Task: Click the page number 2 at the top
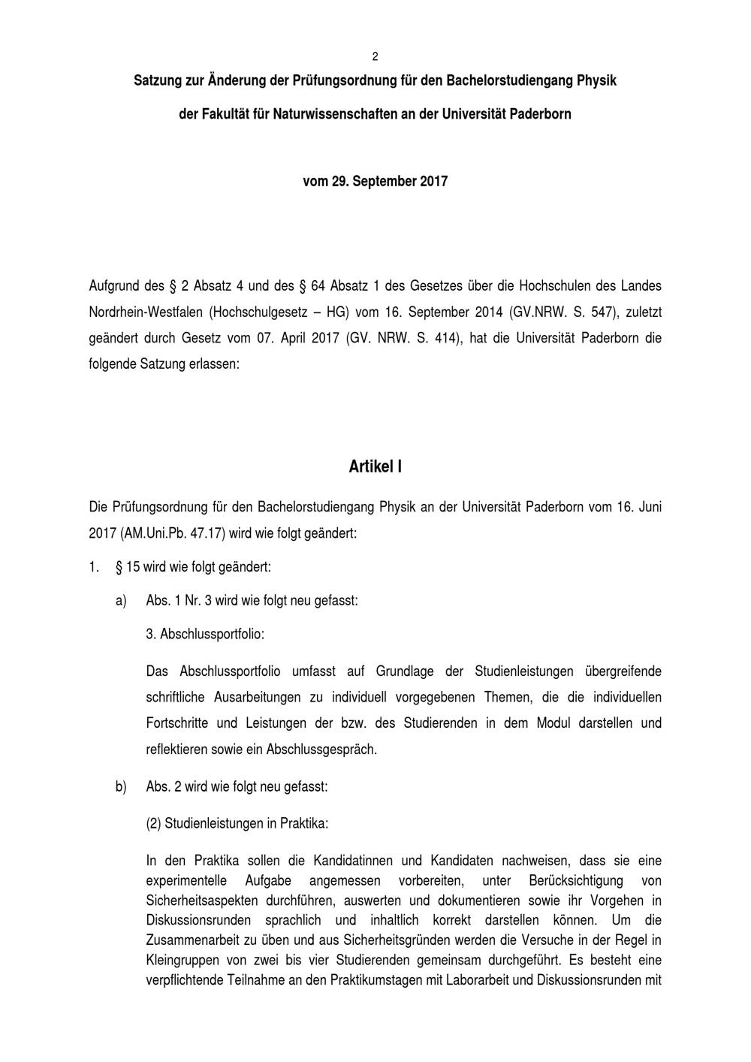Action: coord(375,57)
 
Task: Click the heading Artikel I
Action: coord(375,467)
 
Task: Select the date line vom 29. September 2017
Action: coord(375,182)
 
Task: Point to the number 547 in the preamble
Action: coord(603,312)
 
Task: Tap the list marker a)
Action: coord(120,601)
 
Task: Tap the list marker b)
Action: coord(120,787)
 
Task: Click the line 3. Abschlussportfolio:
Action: coord(205,634)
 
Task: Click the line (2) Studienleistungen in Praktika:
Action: coord(237,823)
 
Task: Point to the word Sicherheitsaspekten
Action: coord(202,901)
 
